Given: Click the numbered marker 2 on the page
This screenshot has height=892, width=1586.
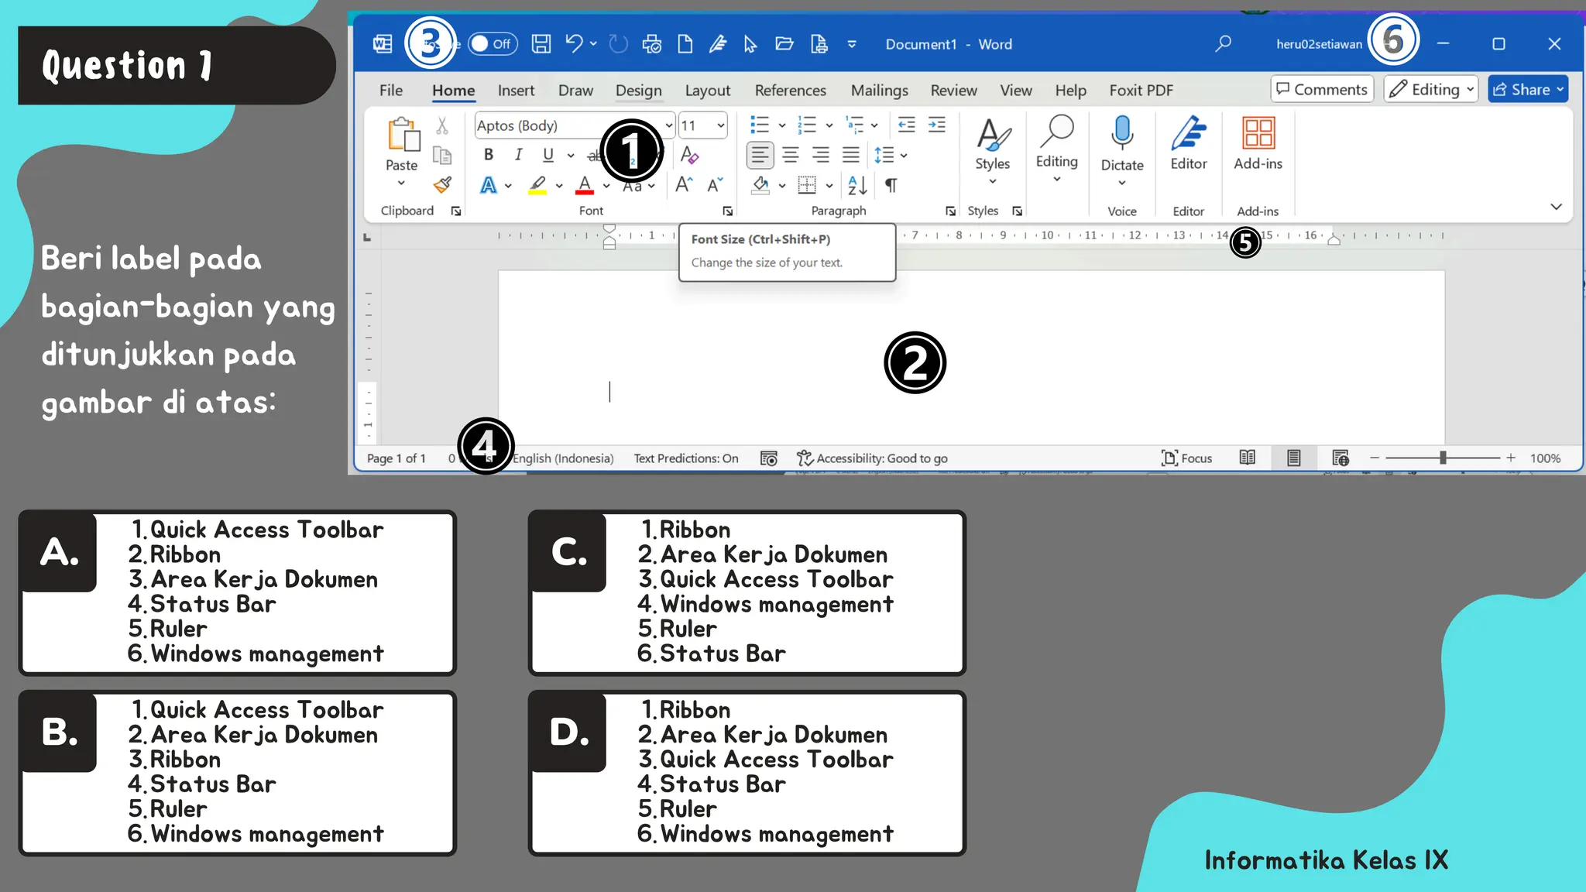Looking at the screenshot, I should tap(915, 362).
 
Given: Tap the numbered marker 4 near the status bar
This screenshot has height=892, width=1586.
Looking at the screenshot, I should tap(486, 446).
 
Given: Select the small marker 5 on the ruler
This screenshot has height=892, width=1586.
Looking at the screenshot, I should tap(1244, 242).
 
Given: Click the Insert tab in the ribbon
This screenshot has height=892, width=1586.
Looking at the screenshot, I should tap(516, 91).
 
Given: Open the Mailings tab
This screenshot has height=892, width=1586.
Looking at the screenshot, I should tap(879, 91).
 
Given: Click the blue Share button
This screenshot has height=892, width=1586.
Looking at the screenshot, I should tap(1527, 89).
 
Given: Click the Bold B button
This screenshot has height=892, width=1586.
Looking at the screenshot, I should tap(489, 155).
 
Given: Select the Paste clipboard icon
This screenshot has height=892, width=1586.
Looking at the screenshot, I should tap(403, 136).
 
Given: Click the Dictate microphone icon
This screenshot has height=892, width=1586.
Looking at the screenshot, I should tap(1121, 132).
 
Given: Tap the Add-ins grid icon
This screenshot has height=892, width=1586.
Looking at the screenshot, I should tap(1258, 132).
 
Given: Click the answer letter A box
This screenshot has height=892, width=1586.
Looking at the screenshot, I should tap(59, 552).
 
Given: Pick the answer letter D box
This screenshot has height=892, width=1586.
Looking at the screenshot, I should tap(568, 732).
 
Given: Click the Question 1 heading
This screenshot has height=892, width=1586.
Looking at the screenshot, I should tap(128, 66).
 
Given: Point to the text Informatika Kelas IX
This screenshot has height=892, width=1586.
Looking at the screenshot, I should tap(1326, 859).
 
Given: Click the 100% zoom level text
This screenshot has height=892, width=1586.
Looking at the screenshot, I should tap(1545, 458).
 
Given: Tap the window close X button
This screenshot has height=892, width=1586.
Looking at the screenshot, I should tap(1553, 44).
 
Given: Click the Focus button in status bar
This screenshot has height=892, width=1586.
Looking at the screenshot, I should tap(1186, 458).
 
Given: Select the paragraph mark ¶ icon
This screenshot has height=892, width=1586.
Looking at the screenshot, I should tap(891, 186).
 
